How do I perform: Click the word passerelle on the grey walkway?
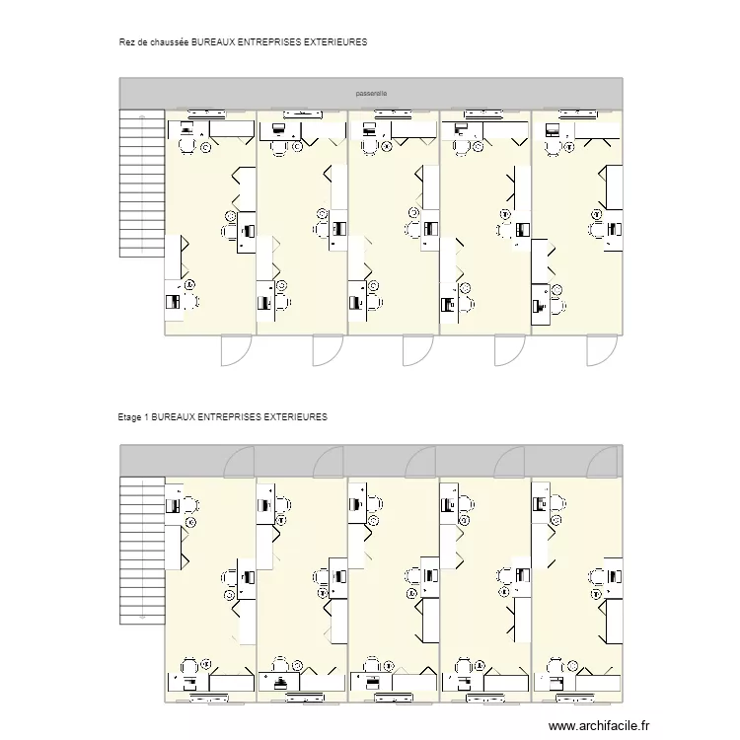[x=371, y=94]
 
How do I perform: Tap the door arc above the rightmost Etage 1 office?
[x=606, y=459]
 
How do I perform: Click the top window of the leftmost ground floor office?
[x=209, y=111]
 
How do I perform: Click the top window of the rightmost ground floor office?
[x=576, y=111]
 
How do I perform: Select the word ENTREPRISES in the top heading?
[x=266, y=42]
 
